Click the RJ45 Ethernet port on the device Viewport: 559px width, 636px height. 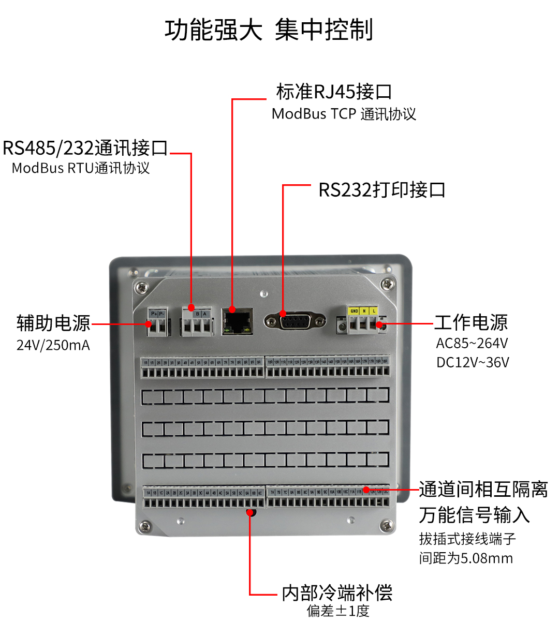point(238,322)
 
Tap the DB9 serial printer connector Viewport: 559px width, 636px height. point(295,321)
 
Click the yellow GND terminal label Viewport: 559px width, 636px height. point(354,311)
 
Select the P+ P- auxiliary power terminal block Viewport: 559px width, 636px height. point(158,322)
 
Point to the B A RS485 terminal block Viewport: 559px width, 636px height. point(197,322)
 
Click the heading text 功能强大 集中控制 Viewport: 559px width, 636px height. point(269,29)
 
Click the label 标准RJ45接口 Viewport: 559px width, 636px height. point(334,92)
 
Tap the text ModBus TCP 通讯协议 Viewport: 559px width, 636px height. point(344,114)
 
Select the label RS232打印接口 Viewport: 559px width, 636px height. point(382,190)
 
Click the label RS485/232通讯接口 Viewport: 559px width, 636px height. point(85,148)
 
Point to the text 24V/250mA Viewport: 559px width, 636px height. point(53,345)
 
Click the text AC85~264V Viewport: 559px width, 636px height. point(472,343)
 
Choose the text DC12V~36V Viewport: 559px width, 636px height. point(473,362)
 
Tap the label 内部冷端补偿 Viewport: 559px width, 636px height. point(337,593)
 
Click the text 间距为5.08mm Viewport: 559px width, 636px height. point(466,558)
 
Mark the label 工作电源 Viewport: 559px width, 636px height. point(470,322)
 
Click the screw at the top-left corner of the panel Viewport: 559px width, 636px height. point(140,286)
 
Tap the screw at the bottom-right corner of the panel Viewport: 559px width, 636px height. point(386,526)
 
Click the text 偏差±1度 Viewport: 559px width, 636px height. point(338,611)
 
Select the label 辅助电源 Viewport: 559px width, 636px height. point(53,323)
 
